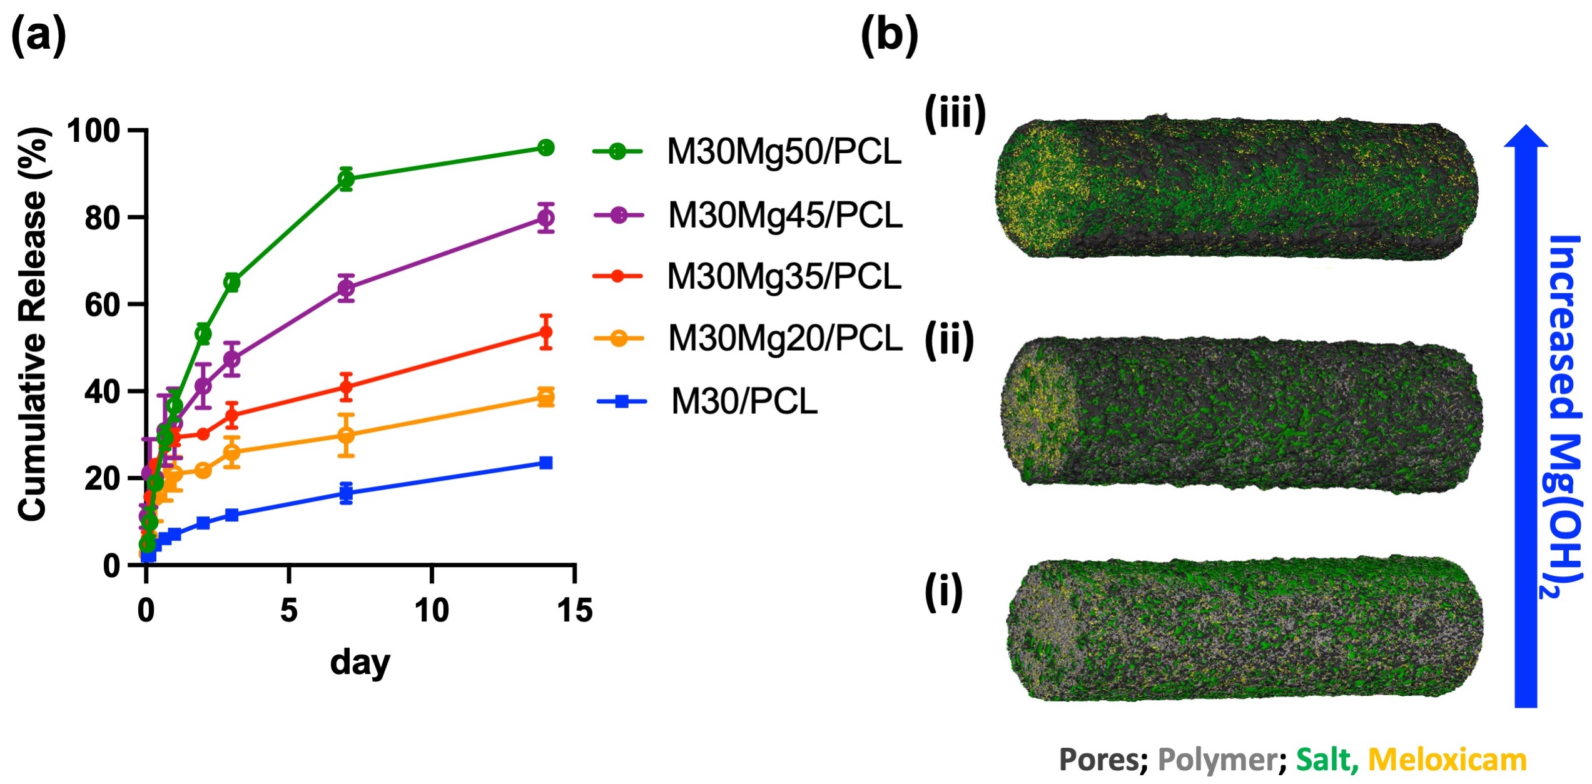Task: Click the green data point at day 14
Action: (546, 148)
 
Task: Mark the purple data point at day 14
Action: (546, 218)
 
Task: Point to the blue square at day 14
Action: (546, 463)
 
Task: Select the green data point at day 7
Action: (346, 179)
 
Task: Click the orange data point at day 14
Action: (546, 397)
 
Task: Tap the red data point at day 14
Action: (546, 332)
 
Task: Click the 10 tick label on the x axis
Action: (432, 610)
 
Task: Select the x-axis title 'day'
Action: (360, 663)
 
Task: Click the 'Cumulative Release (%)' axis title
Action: (33, 325)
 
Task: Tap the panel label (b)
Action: (889, 36)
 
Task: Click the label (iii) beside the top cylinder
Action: (955, 114)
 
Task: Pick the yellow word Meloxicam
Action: (1447, 760)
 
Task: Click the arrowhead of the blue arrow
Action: (1526, 136)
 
